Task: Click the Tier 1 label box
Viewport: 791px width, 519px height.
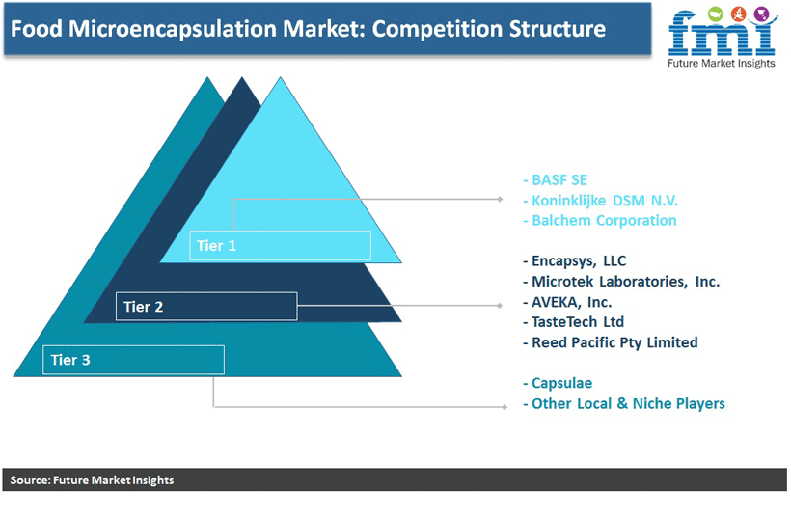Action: [280, 246]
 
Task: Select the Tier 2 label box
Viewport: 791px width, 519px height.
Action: [206, 306]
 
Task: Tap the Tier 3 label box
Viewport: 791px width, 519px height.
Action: [133, 360]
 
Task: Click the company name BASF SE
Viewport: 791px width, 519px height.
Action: [559, 180]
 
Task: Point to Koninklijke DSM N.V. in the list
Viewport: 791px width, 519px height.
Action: [605, 201]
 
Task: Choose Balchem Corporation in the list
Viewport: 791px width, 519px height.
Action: [604, 220]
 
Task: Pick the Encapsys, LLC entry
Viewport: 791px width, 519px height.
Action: [579, 260]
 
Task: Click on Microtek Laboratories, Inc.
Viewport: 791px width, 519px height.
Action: [625, 282]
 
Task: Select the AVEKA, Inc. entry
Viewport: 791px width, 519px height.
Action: [572, 302]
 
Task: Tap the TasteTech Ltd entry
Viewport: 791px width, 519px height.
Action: [578, 322]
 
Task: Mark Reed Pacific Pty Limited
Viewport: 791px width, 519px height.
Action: [614, 342]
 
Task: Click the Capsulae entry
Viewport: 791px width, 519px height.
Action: [561, 383]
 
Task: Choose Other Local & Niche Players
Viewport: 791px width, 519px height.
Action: [628, 403]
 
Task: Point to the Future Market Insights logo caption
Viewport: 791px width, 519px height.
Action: [721, 63]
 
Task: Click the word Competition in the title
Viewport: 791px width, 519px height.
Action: [437, 29]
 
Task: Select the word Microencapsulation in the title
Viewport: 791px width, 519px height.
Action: [172, 29]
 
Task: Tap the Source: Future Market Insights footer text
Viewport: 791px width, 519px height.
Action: [92, 480]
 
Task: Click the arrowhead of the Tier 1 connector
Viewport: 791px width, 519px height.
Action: [500, 200]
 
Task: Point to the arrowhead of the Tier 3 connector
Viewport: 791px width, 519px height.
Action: [504, 406]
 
